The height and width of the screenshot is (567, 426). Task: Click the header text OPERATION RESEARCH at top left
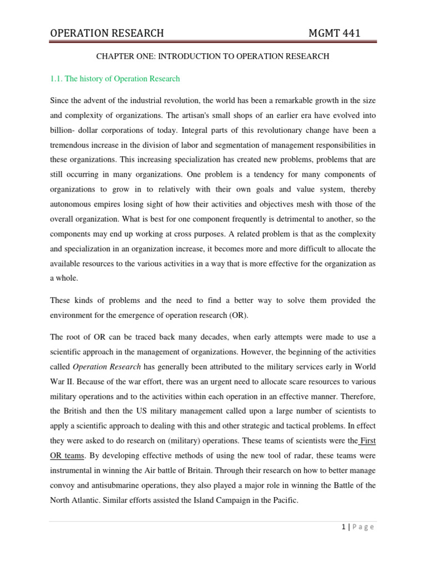(107, 33)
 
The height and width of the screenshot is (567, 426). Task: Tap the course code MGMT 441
(334, 33)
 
